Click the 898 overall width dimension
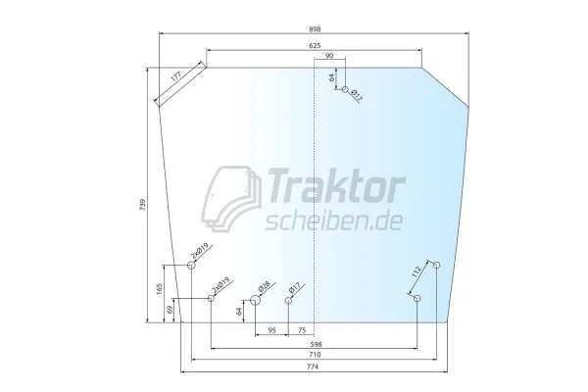point(315,29)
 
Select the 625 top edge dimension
point(315,46)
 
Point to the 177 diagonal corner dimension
point(175,76)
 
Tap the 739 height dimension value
point(142,205)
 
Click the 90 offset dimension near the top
point(329,56)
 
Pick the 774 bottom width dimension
point(313,367)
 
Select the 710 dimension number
point(315,355)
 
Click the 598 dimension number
point(317,344)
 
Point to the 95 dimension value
point(272,330)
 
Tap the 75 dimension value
point(302,330)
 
